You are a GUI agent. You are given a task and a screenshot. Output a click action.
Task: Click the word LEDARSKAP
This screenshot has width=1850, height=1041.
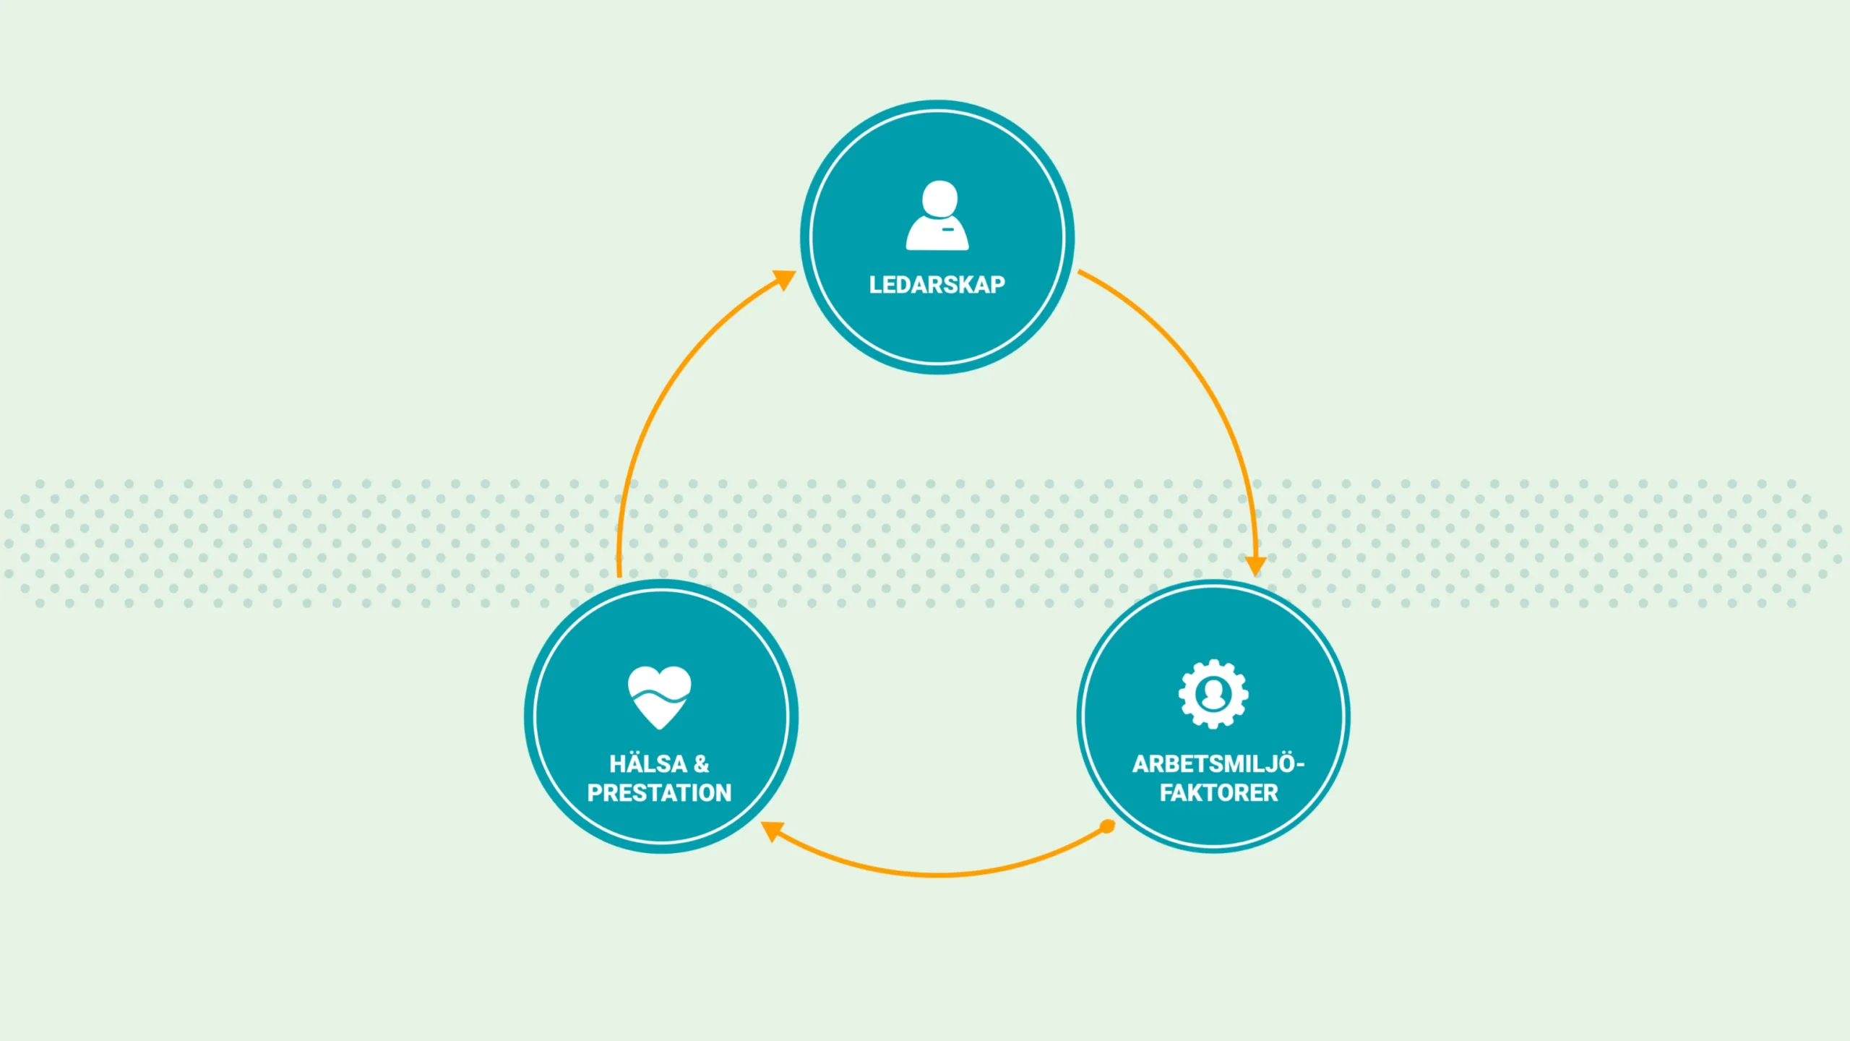pos(937,285)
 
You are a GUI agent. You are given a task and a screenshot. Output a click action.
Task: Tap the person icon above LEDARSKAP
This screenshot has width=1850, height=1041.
pos(937,216)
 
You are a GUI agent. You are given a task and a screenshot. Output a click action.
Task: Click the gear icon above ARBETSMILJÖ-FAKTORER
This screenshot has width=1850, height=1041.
pos(1213,694)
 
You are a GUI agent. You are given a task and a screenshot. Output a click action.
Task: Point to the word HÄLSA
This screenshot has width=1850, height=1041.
pos(647,764)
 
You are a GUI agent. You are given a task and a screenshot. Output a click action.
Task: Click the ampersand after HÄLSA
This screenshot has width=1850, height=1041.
pos(701,764)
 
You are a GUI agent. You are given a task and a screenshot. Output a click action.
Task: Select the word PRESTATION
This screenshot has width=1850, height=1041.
pos(659,793)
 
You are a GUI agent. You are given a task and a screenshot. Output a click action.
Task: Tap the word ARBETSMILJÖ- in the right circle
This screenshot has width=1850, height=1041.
pos(1218,764)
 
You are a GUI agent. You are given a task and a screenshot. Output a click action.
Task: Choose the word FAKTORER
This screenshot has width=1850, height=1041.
pos(1218,793)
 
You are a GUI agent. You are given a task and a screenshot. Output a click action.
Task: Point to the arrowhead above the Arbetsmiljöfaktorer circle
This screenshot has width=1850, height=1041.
pos(1255,565)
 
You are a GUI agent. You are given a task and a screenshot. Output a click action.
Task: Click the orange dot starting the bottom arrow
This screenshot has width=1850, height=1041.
pos(1106,826)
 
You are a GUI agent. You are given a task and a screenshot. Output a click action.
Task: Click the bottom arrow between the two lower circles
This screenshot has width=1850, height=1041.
pos(939,875)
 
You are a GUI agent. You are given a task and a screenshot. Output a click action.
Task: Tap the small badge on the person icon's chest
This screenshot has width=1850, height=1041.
pos(948,230)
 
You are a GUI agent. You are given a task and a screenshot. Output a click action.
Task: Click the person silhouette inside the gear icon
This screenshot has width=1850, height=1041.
pos(1213,695)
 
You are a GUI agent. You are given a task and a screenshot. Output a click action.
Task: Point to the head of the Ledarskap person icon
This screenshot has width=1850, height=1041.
pos(939,197)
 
